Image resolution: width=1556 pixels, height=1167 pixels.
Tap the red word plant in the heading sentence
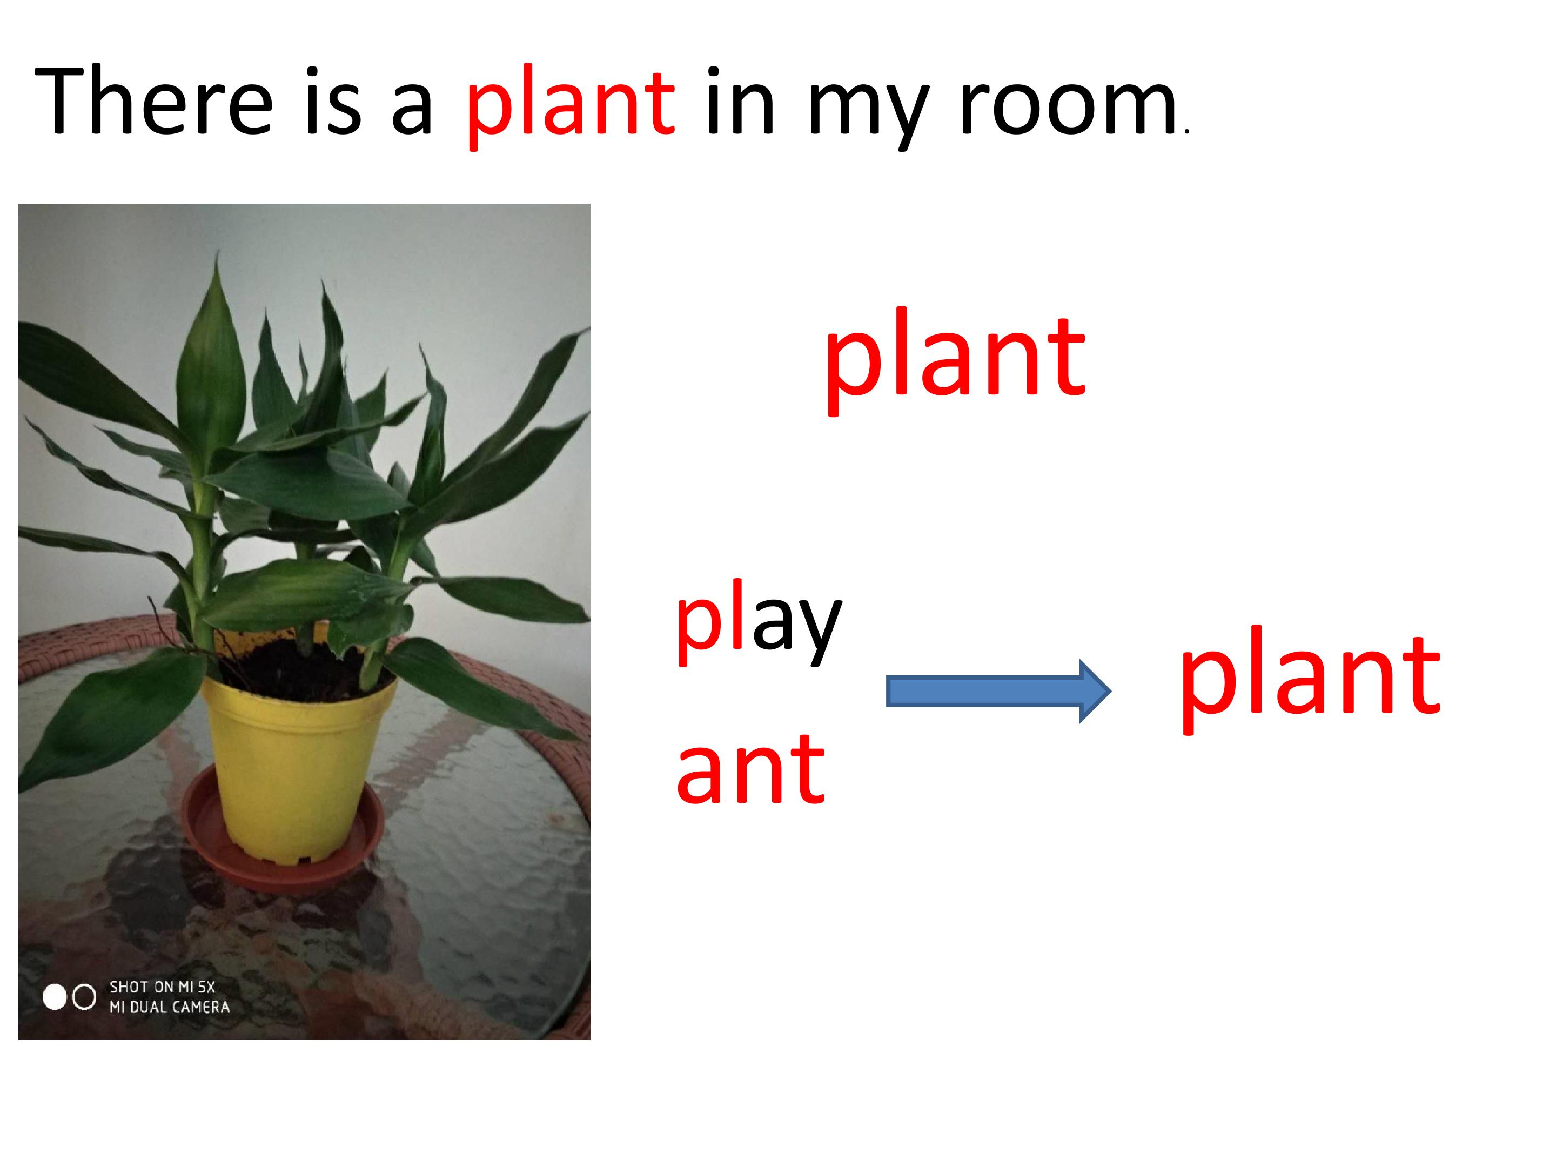(x=570, y=105)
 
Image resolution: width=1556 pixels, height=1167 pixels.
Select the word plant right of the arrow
(x=1310, y=675)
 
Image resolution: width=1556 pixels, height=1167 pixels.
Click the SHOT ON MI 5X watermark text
(x=162, y=987)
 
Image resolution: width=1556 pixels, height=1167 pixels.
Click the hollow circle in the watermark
(x=84, y=997)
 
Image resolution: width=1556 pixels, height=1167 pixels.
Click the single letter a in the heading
(x=412, y=112)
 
